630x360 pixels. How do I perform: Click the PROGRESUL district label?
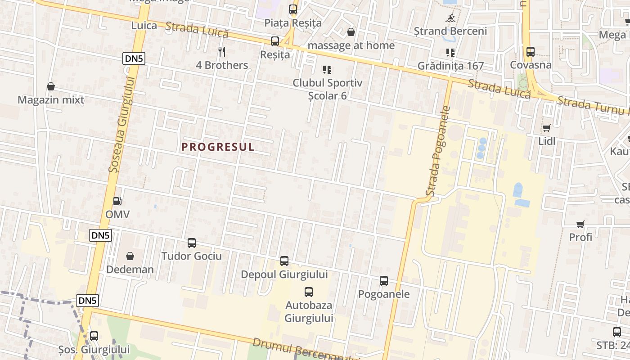[x=218, y=147]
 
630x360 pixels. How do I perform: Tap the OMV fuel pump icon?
[x=117, y=201]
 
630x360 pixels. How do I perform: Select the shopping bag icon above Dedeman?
[x=130, y=256]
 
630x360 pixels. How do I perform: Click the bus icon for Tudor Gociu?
[x=192, y=243]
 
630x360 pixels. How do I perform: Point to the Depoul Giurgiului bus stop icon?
[x=284, y=261]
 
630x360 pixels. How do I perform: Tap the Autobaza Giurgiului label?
[x=309, y=311]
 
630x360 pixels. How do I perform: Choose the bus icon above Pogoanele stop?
[x=384, y=281]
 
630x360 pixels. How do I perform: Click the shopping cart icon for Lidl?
[x=547, y=128]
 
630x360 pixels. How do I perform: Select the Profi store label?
[x=580, y=237]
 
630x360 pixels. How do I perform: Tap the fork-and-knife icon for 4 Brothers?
[x=221, y=52]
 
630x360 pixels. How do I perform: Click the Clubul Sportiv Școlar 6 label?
[x=327, y=89]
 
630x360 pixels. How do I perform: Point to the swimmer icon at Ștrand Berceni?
[x=450, y=18]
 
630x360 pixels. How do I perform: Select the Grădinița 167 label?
[x=450, y=66]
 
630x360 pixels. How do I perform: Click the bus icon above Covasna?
[x=531, y=52]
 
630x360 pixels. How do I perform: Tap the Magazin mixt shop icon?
[x=51, y=86]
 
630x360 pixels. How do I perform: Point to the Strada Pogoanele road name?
[x=439, y=151]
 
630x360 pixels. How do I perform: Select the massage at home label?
[x=351, y=45]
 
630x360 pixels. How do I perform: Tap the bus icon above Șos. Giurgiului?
[x=94, y=336]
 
